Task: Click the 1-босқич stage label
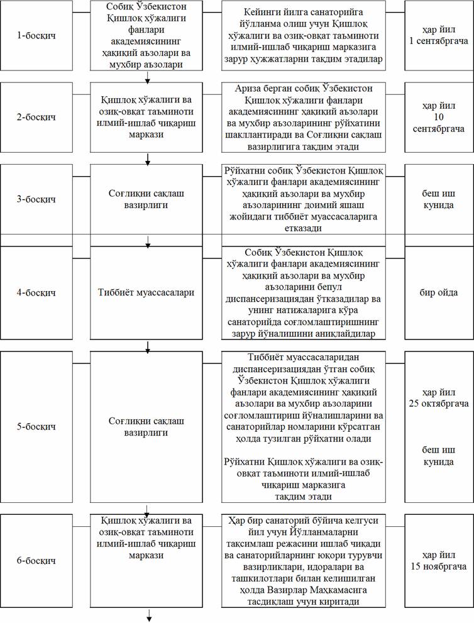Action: point(36,35)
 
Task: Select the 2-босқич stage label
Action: point(36,117)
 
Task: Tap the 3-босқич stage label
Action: point(36,199)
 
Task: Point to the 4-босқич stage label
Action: point(36,292)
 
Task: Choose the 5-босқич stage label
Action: point(36,427)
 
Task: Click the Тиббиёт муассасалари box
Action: point(147,292)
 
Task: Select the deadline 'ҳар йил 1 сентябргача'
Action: point(438,35)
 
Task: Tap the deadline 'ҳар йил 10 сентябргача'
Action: point(438,117)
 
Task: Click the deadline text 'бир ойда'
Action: point(438,292)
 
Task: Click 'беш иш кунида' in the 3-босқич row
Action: point(438,199)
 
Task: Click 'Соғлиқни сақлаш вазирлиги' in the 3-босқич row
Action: point(147,199)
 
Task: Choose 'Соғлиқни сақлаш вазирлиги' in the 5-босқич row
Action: point(147,427)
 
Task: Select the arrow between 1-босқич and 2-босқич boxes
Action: point(147,77)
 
